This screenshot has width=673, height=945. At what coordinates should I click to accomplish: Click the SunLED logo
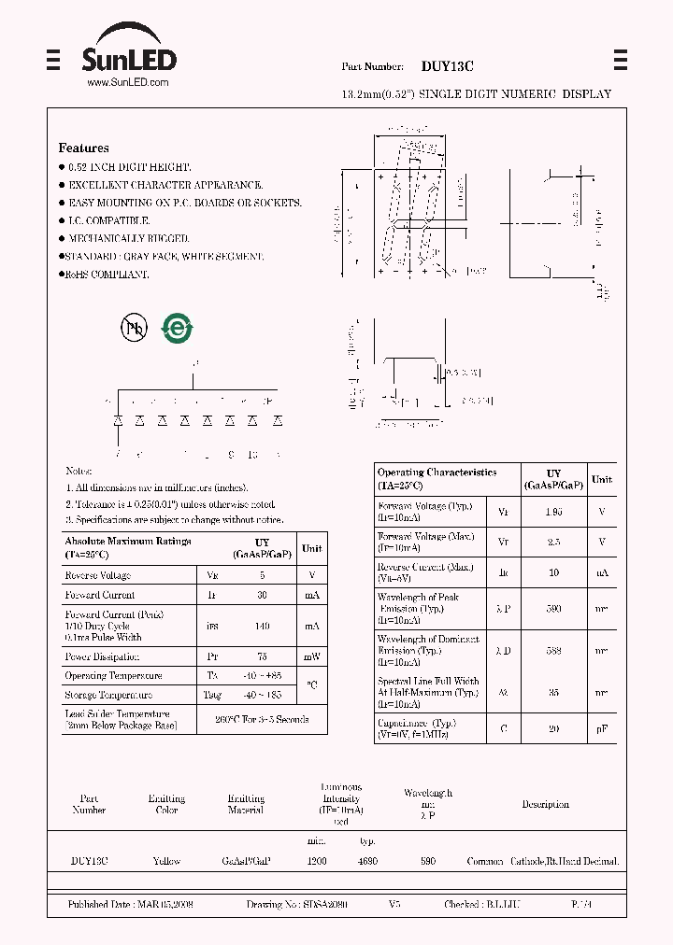[129, 56]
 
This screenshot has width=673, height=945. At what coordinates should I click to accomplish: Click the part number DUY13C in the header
[447, 66]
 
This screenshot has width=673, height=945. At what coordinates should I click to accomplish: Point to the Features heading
[83, 148]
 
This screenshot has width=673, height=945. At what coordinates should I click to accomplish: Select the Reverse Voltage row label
[97, 575]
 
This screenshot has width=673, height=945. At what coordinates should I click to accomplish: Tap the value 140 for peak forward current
[262, 626]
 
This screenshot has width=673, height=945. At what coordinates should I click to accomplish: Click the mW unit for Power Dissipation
[311, 656]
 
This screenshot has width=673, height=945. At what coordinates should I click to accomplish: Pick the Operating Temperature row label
[113, 675]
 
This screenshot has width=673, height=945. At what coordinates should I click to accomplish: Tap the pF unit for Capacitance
[602, 728]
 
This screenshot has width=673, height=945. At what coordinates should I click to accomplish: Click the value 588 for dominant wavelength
[554, 650]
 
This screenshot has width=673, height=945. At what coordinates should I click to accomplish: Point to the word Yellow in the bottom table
[166, 861]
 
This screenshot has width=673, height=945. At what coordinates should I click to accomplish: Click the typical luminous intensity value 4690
[367, 861]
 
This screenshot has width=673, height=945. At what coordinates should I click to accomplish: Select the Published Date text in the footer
[130, 905]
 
